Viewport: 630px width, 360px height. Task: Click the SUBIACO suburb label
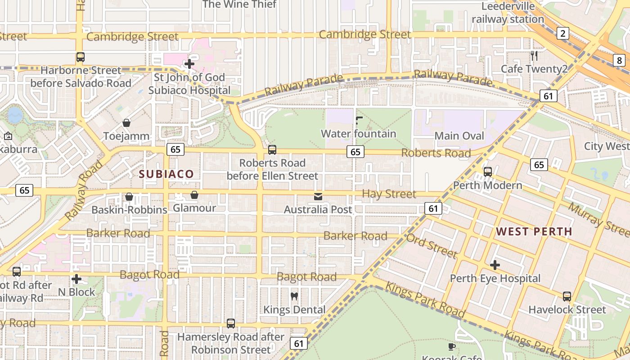166,174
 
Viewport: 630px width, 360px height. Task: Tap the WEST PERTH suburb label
534,232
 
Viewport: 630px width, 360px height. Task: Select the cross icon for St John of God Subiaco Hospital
189,64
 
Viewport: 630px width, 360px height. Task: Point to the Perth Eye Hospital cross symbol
495,265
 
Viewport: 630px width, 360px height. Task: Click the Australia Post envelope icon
318,196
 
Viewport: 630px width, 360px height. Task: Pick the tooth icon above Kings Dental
294,296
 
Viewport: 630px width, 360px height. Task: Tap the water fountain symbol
359,120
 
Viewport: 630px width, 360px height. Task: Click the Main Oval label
459,136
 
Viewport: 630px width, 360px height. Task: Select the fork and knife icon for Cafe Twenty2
534,56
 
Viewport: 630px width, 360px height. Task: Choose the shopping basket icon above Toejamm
126,123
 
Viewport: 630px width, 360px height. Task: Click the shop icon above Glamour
194,195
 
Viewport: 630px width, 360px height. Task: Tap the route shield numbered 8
619,59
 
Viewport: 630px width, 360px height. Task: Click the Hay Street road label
389,194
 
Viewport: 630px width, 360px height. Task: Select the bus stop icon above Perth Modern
487,171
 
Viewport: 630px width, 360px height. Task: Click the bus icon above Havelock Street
567,297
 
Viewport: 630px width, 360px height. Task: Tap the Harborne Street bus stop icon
81,57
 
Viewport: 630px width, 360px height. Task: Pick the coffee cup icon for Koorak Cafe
452,346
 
